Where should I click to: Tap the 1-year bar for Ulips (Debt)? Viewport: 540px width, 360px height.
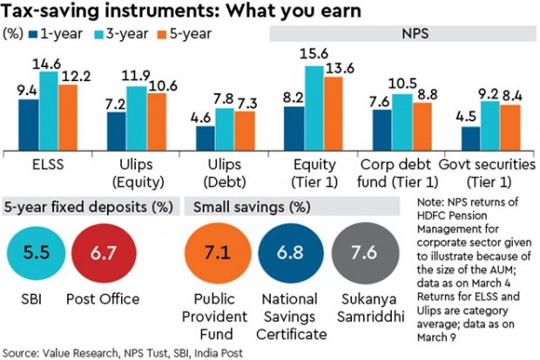pos(205,139)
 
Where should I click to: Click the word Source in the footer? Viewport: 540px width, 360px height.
pos(23,351)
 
